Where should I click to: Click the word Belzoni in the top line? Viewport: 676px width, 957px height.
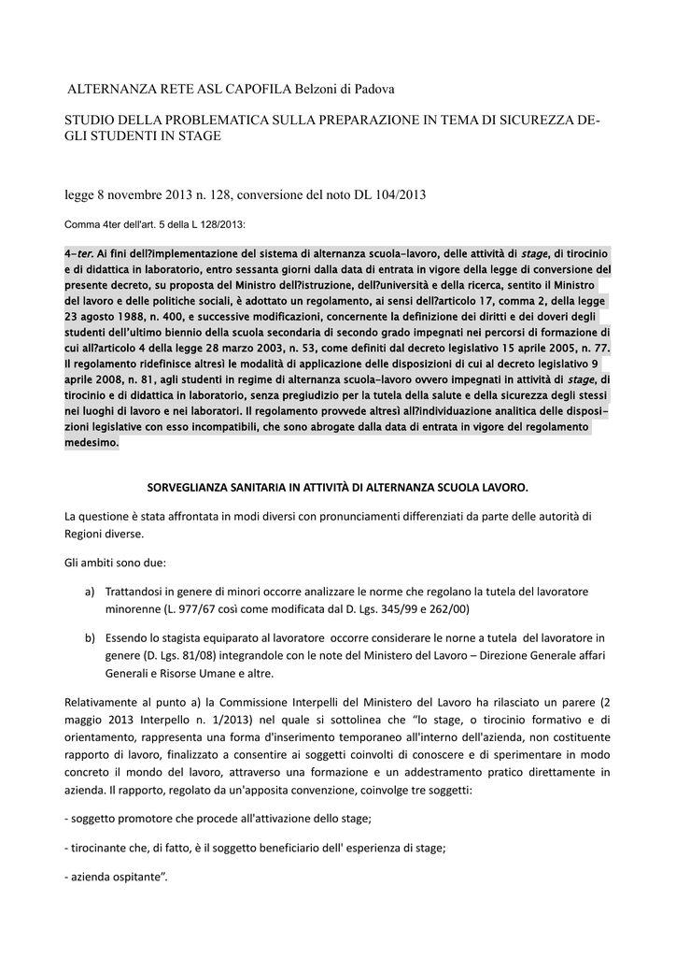(x=318, y=89)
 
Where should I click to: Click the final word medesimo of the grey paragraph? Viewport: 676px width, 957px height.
(x=92, y=443)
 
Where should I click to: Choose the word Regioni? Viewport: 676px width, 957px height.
(x=84, y=535)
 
